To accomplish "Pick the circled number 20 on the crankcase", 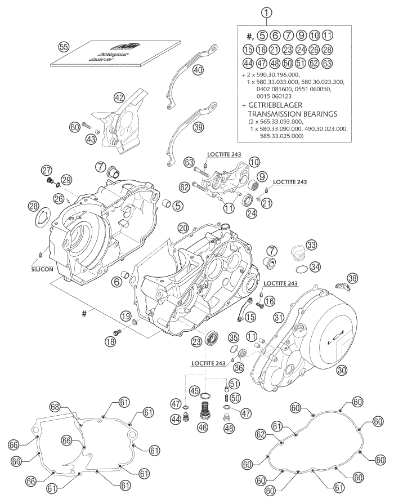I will pos(182,227).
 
